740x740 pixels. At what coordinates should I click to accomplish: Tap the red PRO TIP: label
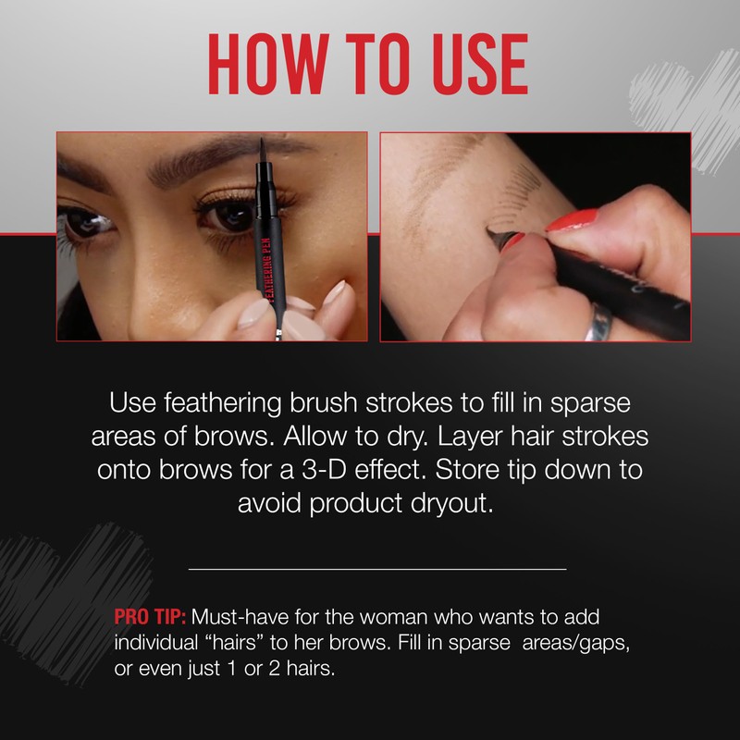tap(150, 617)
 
